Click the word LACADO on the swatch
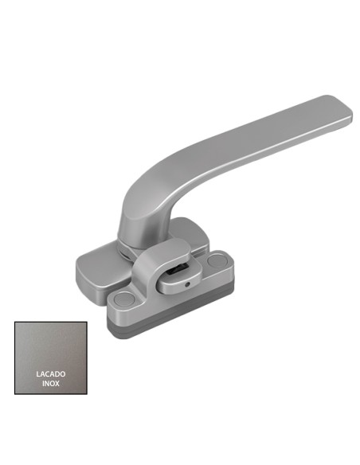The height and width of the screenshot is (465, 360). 50,373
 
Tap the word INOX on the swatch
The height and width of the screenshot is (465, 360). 50,384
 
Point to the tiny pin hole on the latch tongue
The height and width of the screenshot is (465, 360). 186,283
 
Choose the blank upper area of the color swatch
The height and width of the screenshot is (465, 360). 50,342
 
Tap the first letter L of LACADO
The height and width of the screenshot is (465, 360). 37,373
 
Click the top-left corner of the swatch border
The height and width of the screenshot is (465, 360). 15,323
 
